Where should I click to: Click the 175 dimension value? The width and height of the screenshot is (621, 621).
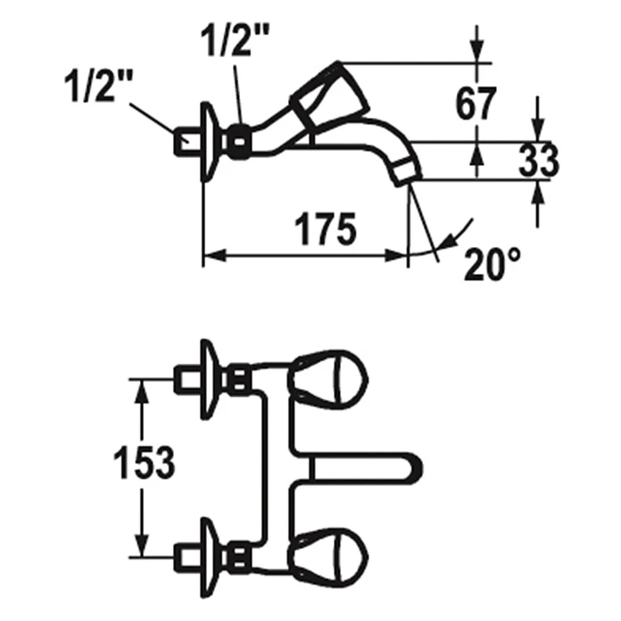coord(326,229)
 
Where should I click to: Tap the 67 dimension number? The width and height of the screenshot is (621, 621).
coord(476,103)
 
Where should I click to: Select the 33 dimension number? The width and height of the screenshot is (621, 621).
coord(539,161)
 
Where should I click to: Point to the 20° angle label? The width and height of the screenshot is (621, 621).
coord(492,265)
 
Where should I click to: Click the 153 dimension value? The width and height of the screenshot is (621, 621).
coord(145,462)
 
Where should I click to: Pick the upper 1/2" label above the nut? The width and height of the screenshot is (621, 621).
coord(236,41)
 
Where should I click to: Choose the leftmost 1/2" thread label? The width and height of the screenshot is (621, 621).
coord(99,87)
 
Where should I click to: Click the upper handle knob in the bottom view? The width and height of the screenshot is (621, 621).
coord(329,380)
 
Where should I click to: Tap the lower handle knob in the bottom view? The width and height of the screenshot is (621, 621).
coord(329,558)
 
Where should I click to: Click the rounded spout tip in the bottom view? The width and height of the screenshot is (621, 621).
coord(413,469)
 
